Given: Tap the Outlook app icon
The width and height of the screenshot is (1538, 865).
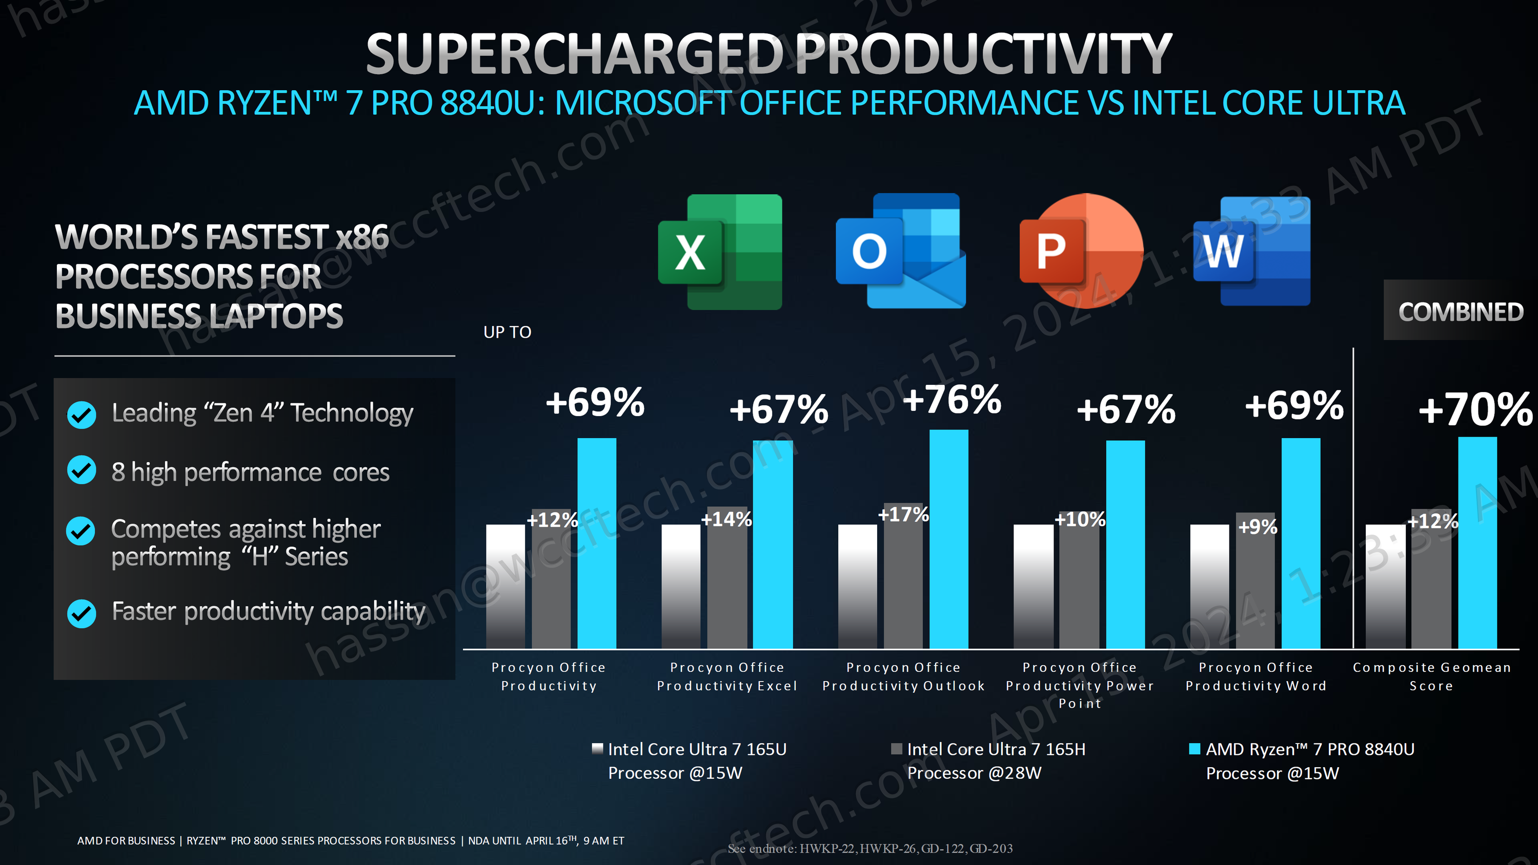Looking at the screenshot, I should point(900,251).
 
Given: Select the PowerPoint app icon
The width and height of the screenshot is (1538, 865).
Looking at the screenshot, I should point(1081,251).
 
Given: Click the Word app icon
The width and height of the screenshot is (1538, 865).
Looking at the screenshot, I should point(1251,251).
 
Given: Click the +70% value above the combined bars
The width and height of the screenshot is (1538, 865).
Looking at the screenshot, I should point(1475,410).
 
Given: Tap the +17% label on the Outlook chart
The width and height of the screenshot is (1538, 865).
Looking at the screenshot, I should point(903,514).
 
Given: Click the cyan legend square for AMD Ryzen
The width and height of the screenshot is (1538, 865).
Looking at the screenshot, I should point(1194,749).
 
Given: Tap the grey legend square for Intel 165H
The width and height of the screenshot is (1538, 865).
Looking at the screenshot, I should point(896,749).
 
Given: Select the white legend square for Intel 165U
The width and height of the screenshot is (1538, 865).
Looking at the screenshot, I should point(597,749).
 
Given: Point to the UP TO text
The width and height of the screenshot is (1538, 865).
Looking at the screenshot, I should point(507,333).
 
